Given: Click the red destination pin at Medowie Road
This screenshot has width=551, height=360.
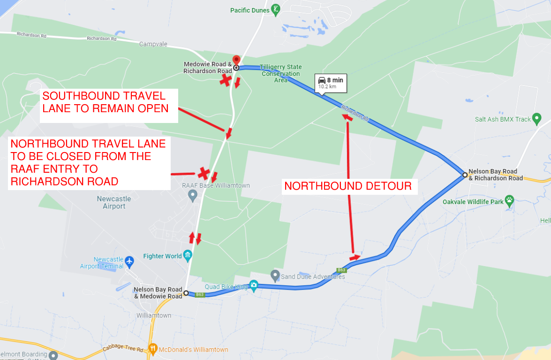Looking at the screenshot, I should (x=236, y=61).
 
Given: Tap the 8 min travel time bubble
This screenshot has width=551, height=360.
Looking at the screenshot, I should (x=330, y=82).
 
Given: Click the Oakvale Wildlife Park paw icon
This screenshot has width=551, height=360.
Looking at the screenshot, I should (x=509, y=200).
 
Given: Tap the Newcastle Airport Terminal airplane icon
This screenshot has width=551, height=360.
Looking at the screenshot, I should (x=130, y=260).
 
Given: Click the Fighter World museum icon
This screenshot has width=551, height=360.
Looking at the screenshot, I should (x=188, y=255).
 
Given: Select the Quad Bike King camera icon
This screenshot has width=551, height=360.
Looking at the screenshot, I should (x=254, y=285).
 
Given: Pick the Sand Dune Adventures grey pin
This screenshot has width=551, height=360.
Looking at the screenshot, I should (x=275, y=274).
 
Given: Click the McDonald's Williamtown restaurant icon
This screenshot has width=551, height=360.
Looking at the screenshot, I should (x=153, y=349).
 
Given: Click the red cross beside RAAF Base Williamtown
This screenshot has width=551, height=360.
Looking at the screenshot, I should (x=204, y=173).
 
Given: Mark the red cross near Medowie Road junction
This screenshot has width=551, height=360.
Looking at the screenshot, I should (x=226, y=80).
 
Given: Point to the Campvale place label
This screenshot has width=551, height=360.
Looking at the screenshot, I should (x=153, y=44).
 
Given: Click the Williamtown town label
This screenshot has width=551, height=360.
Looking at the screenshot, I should (x=153, y=315).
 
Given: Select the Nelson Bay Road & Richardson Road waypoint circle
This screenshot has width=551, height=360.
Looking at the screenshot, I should (x=465, y=175).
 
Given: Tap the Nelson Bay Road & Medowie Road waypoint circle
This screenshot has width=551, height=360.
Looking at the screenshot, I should (x=186, y=293).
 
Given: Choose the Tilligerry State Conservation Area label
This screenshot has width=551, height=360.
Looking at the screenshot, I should (x=281, y=74).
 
